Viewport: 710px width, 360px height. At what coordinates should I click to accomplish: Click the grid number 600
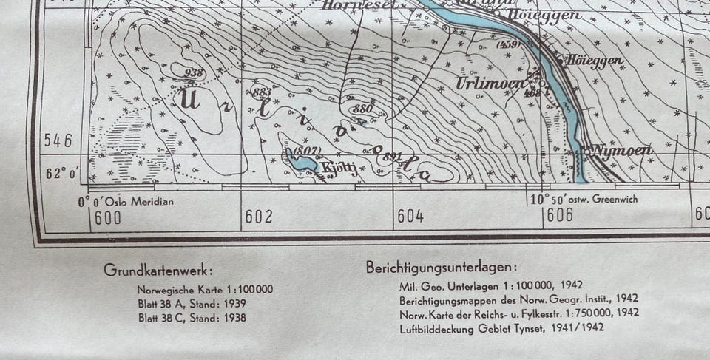[108, 217]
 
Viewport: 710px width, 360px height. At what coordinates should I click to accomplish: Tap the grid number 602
[259, 217]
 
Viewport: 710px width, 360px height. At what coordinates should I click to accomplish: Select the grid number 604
[410, 217]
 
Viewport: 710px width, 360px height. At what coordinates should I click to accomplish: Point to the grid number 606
[560, 215]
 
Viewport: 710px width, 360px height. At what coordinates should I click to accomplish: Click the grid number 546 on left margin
[58, 141]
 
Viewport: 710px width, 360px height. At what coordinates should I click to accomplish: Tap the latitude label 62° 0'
[62, 174]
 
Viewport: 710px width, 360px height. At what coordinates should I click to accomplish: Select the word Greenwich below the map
[611, 199]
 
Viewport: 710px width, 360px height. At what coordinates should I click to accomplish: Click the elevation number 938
[195, 72]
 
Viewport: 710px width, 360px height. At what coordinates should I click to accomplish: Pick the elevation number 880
[362, 109]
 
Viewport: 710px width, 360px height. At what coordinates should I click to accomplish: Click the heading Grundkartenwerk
[159, 270]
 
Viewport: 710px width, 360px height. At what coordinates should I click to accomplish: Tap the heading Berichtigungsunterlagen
[442, 268]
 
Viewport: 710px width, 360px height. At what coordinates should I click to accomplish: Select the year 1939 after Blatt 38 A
[232, 303]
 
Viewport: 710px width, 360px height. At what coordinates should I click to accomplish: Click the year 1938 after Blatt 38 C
[232, 318]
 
